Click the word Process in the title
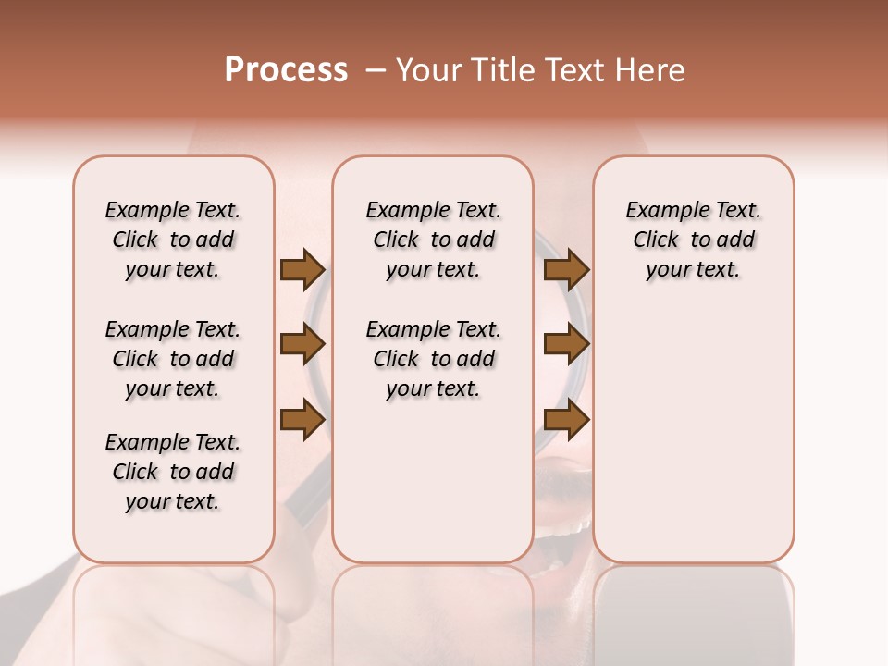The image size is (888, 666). (x=286, y=70)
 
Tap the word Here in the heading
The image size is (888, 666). (x=650, y=70)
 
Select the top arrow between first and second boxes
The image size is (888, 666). (x=302, y=269)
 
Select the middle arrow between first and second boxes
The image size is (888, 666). (x=302, y=344)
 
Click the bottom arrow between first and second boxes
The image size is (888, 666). (x=302, y=419)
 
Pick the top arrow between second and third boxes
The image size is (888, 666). (x=566, y=269)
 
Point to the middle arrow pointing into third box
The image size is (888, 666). (x=566, y=344)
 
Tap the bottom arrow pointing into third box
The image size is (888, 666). (x=566, y=419)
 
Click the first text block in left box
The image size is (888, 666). (x=173, y=240)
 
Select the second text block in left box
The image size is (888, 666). (x=173, y=359)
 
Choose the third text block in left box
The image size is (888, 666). (x=173, y=472)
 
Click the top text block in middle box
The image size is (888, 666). (x=433, y=240)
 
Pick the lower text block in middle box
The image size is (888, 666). (x=433, y=359)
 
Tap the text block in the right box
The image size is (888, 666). (x=693, y=240)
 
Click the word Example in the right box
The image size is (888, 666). (x=660, y=211)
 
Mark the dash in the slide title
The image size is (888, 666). (x=376, y=71)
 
